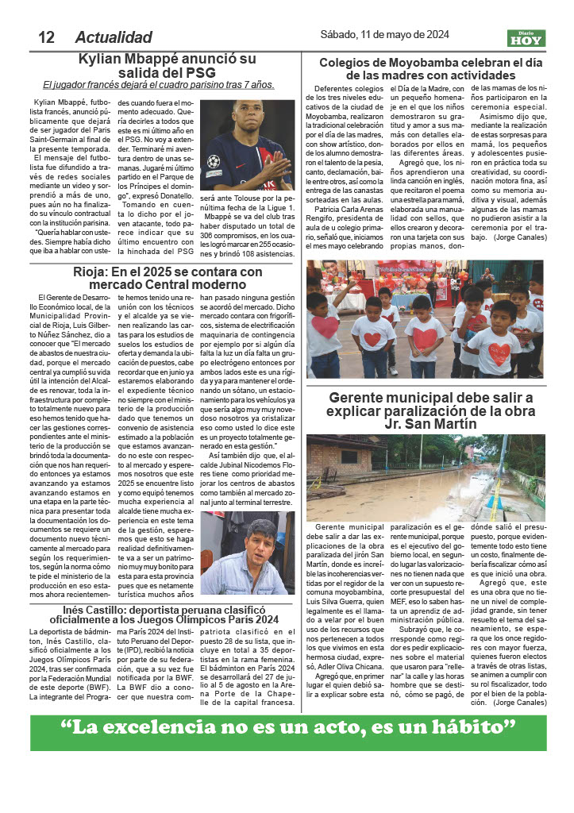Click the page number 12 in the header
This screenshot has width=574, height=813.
pos(45,37)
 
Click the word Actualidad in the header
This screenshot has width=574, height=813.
pos(113,37)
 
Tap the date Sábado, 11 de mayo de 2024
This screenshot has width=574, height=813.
pos(384,35)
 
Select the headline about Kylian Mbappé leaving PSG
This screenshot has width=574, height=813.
pos(168,66)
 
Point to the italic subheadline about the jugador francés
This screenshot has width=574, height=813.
pos(158,85)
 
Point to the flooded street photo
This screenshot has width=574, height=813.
pos(426,477)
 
